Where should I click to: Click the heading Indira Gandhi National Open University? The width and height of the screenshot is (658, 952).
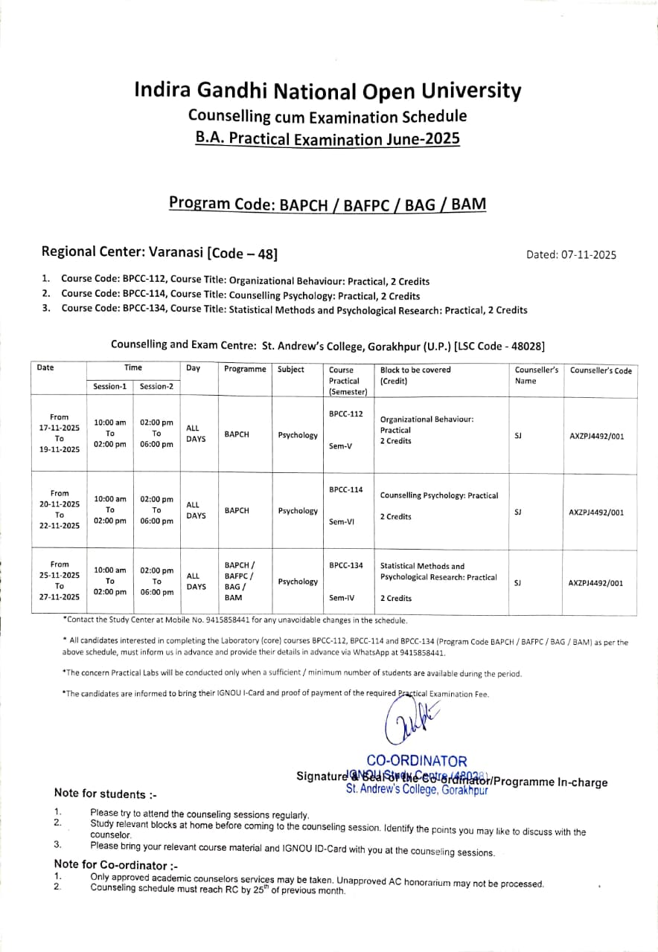(x=328, y=91)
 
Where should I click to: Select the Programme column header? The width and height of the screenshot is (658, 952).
(x=245, y=370)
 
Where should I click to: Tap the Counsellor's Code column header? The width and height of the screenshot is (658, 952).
(x=601, y=370)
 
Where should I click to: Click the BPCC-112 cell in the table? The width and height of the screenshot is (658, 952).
(x=345, y=414)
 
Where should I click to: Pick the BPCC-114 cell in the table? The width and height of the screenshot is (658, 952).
(x=345, y=489)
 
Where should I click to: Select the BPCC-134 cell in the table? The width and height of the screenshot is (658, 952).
(x=345, y=565)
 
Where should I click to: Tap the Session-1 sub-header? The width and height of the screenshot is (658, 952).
(x=110, y=387)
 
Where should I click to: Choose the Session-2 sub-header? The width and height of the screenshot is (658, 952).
(x=156, y=387)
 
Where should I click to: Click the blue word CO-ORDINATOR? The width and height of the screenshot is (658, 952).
(x=417, y=761)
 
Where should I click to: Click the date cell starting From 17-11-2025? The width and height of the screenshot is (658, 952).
(x=60, y=434)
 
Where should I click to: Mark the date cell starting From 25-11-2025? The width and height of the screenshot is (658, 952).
(x=60, y=581)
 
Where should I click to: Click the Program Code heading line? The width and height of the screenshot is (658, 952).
(x=328, y=203)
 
